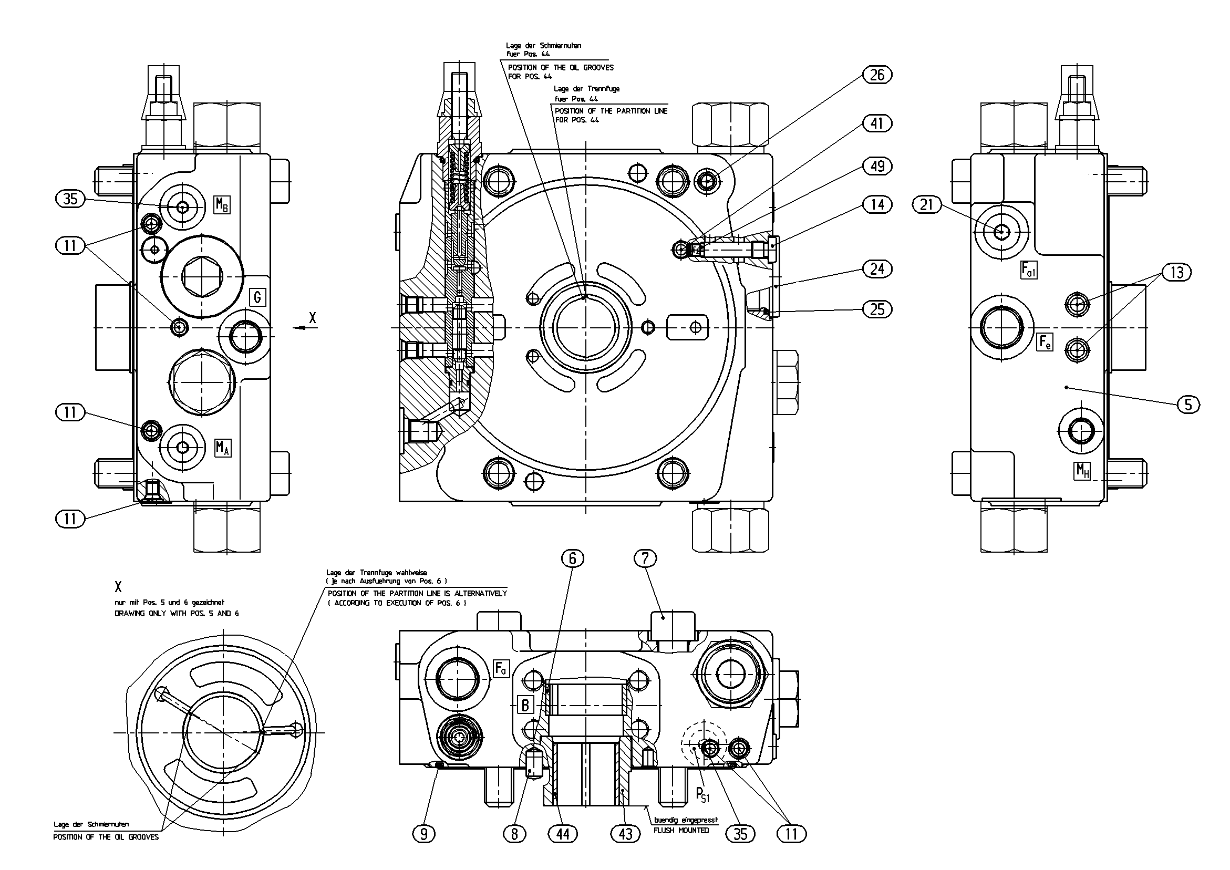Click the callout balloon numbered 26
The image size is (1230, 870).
tap(877, 75)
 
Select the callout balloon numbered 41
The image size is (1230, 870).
tap(877, 123)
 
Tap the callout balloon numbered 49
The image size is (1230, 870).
tap(877, 166)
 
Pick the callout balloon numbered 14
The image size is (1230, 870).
tap(877, 204)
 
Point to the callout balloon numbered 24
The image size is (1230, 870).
tap(877, 268)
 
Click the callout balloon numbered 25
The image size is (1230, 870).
tap(877, 309)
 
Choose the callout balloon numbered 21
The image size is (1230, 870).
tap(927, 204)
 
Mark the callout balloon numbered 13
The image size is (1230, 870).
tap(1176, 272)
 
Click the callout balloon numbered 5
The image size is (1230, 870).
tap(1188, 404)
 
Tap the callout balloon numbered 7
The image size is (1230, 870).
tap(645, 559)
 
